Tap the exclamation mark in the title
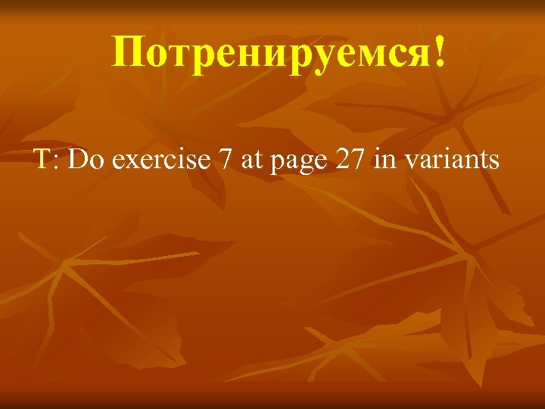coord(440,52)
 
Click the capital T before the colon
coord(39,160)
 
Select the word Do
coord(80,160)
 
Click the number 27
coord(350,160)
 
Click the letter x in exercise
coord(126,164)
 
